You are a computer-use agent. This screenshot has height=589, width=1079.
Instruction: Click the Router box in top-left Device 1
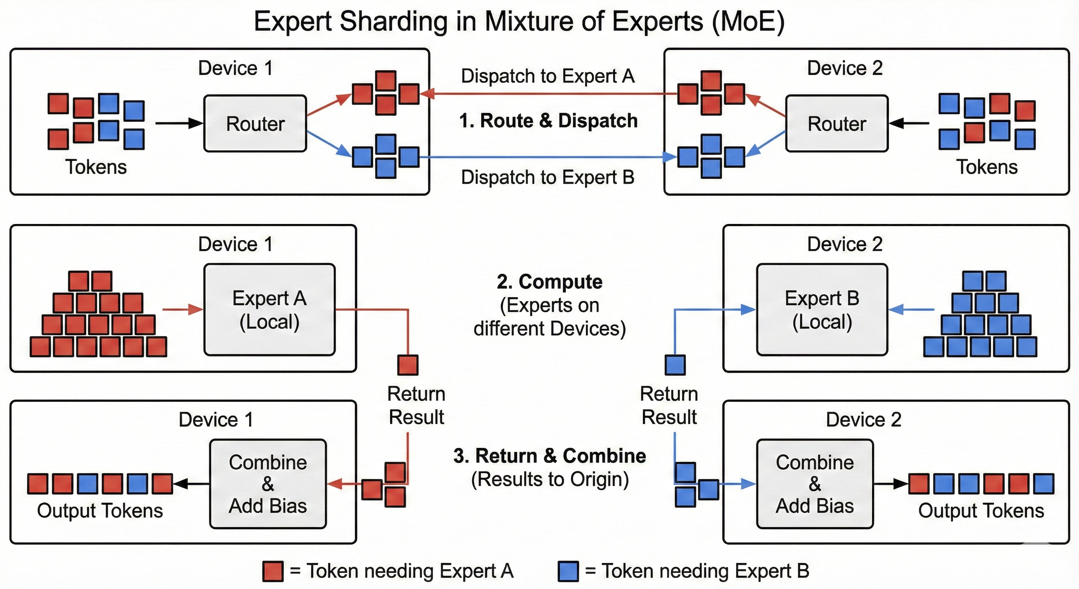(x=255, y=124)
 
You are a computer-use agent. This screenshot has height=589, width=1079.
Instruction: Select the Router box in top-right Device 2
(x=836, y=124)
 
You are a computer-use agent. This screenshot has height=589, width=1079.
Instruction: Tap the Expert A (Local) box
(x=269, y=310)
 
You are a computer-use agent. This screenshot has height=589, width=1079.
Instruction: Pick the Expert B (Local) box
(x=822, y=310)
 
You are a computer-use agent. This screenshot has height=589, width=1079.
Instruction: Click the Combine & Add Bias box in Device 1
(x=268, y=484)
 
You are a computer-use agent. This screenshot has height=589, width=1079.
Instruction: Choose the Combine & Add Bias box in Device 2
(x=815, y=484)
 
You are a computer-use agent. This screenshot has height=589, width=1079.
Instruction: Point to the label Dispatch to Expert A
(x=548, y=76)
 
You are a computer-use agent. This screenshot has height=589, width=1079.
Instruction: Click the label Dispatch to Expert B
(x=548, y=177)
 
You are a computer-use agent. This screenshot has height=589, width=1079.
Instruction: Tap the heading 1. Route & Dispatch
(x=548, y=121)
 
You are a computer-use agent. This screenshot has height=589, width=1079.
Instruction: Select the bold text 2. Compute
(x=549, y=282)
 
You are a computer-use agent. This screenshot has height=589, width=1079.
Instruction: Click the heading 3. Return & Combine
(x=549, y=456)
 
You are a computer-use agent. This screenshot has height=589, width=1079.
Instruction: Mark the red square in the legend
(x=273, y=571)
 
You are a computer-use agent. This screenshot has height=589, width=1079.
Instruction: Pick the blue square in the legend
(x=568, y=571)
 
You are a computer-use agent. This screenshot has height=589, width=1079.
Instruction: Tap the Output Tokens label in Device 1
(x=100, y=511)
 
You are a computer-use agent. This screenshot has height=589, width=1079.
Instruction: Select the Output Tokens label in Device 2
(x=981, y=511)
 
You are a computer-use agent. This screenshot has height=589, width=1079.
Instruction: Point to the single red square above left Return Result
(x=408, y=365)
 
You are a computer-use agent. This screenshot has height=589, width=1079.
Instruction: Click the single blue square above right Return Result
(x=675, y=365)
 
